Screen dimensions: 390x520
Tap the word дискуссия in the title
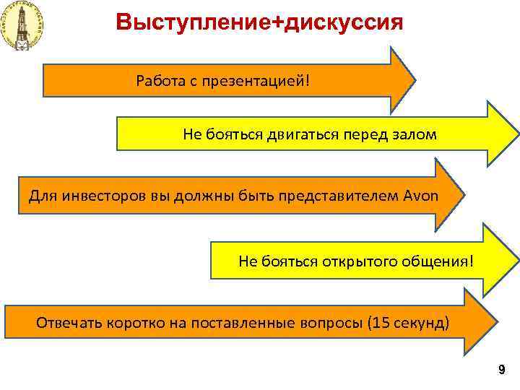pos(345,22)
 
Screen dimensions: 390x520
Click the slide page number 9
pos(500,370)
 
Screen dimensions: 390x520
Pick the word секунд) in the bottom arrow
pos(420,322)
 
